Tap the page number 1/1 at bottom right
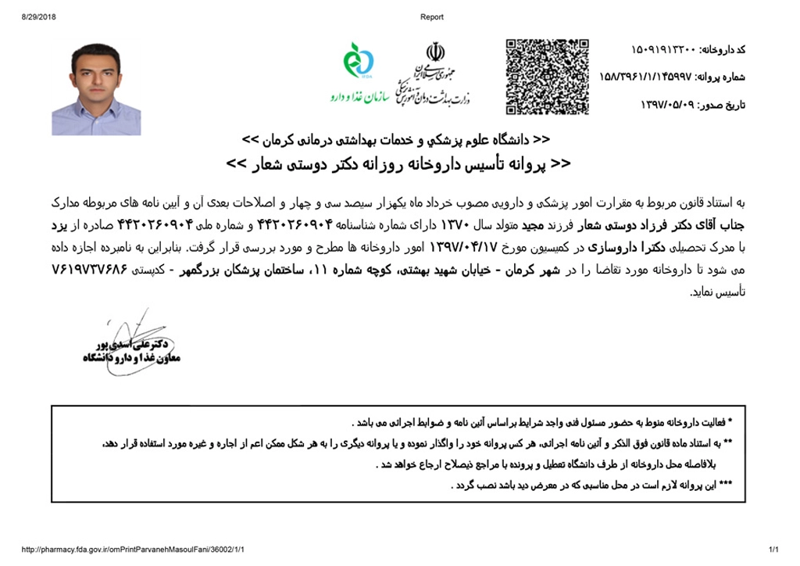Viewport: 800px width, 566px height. click(775, 550)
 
